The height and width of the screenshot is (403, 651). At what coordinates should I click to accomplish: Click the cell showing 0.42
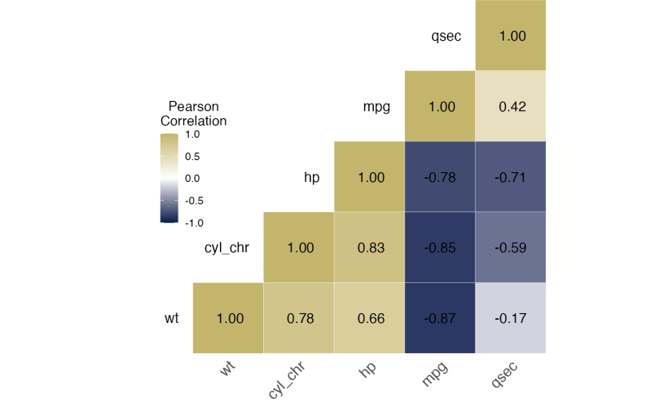pos(512,106)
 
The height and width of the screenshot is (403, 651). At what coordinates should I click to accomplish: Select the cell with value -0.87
pos(441,318)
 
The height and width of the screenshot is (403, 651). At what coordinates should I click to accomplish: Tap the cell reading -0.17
pos(512,318)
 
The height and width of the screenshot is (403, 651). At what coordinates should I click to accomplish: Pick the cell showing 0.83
pos(371,248)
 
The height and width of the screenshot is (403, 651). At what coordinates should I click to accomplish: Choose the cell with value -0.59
pos(512,248)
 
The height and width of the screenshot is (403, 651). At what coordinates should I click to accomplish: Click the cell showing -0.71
pos(512,177)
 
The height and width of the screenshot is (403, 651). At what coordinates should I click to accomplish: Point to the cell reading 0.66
pos(371,318)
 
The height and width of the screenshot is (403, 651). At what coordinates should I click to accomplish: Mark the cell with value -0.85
pos(441,248)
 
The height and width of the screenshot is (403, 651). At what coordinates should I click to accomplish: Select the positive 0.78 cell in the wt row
pos(300,318)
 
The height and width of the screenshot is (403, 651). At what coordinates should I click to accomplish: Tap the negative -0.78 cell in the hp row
pos(441,177)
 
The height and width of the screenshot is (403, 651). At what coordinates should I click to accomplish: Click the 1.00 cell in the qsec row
pos(512,36)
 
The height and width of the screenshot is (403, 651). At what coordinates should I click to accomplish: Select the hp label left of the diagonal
pos(311,177)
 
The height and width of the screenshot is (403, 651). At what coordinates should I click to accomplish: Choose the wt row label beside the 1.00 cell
pos(171,318)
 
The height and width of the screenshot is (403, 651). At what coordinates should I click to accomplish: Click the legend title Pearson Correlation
pos(193,113)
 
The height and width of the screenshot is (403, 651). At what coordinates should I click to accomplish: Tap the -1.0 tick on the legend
pos(195,222)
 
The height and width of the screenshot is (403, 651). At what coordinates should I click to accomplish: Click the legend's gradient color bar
pos(169,178)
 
